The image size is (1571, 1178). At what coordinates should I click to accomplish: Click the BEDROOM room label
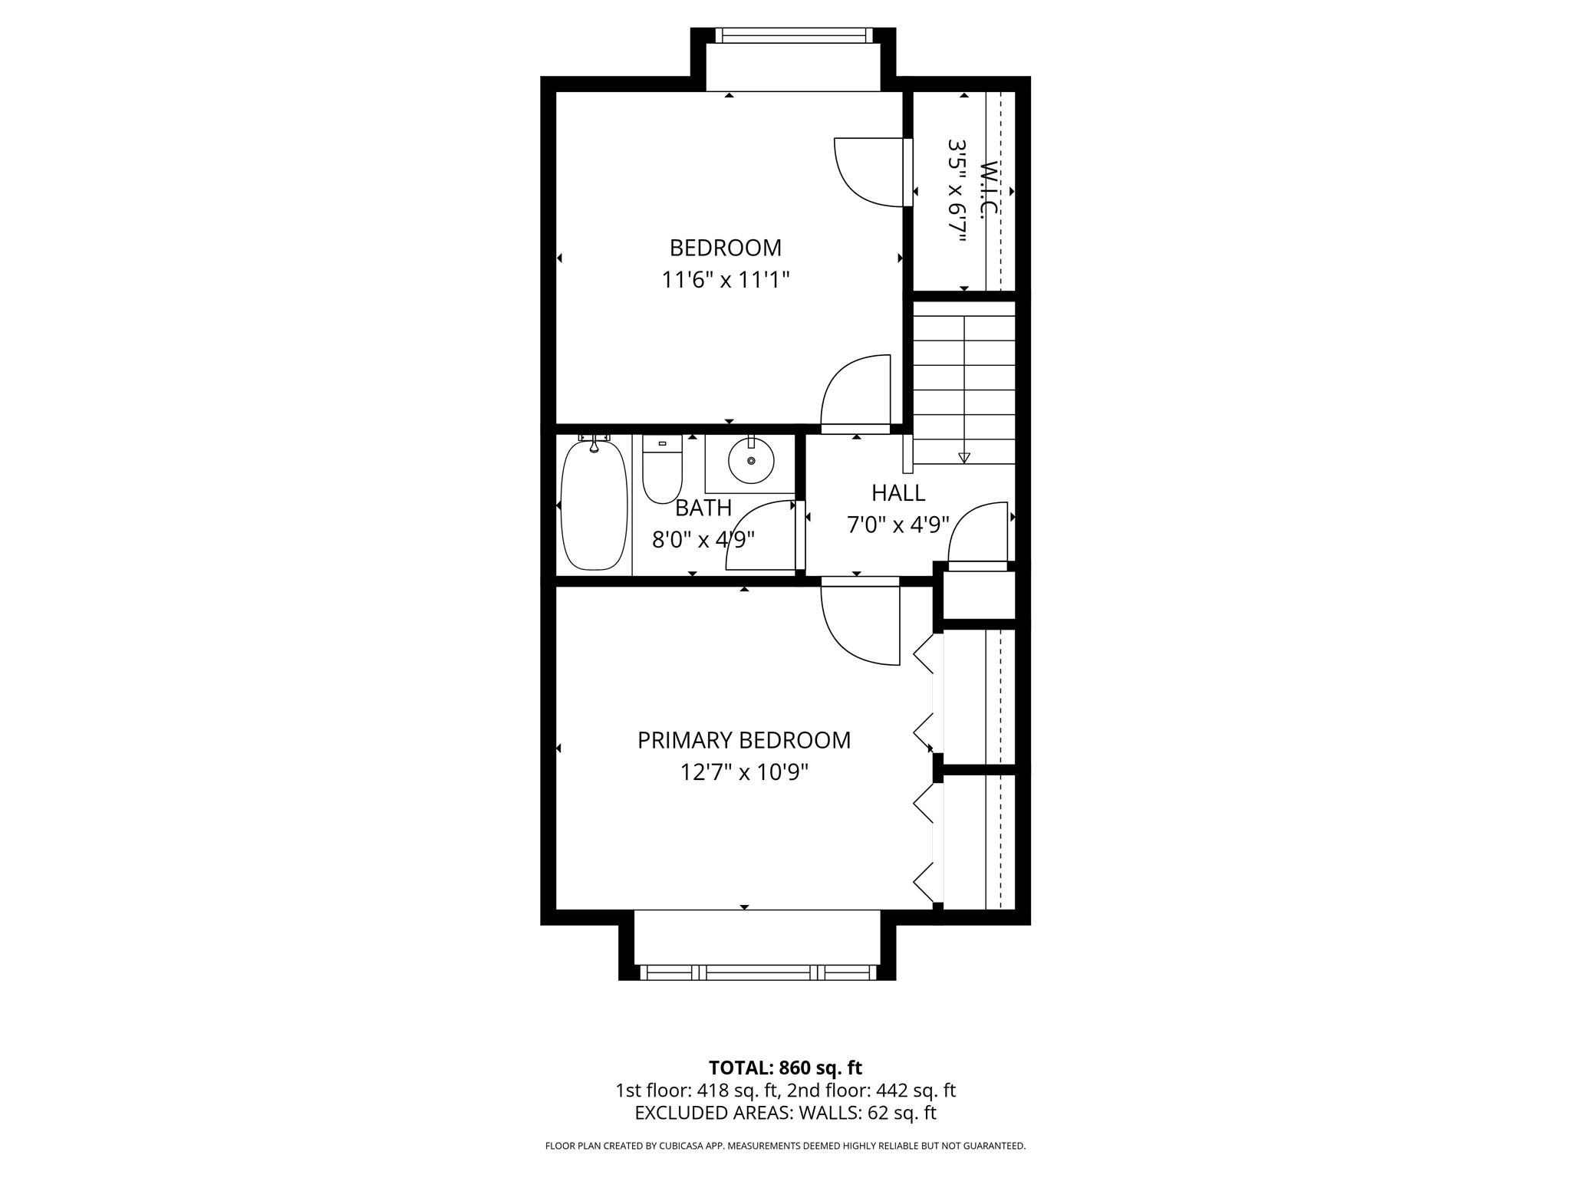(725, 248)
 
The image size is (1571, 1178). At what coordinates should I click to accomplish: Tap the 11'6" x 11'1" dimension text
(725, 280)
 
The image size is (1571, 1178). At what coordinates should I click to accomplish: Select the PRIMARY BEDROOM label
(743, 740)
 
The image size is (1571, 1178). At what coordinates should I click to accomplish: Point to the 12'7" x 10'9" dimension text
(743, 772)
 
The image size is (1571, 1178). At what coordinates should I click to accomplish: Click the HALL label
(897, 492)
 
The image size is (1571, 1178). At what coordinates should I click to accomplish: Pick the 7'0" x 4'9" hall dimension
(897, 525)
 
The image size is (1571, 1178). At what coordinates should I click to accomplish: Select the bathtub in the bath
(594, 505)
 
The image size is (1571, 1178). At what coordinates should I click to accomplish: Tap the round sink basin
(751, 460)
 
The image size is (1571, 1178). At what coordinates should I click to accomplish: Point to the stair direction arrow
(964, 457)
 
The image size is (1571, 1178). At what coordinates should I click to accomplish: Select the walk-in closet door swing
(867, 172)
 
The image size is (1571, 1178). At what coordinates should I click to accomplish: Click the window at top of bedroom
(793, 35)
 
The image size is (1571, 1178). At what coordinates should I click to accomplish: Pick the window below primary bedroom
(757, 972)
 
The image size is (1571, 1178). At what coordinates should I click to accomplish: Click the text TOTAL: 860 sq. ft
(785, 1068)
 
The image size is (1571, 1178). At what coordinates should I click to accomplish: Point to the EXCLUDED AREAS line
(785, 1113)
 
